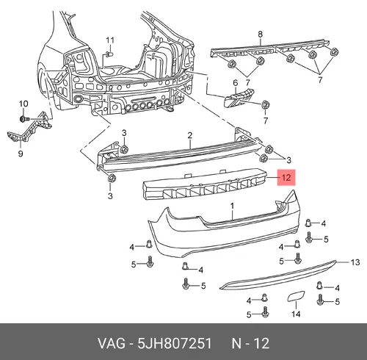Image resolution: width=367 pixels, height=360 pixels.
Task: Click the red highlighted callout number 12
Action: point(286,177)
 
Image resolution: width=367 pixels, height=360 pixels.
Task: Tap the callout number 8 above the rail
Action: point(260,35)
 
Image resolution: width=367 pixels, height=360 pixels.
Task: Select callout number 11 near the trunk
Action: point(110,40)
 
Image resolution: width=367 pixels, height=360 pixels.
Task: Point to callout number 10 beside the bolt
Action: point(23,104)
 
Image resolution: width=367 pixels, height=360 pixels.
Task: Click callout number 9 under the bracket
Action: point(21,154)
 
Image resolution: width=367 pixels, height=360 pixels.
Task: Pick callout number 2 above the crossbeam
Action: point(190,135)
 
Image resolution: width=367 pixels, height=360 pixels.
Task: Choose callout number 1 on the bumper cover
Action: point(232,206)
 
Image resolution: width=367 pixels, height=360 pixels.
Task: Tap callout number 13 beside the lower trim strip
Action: point(355,262)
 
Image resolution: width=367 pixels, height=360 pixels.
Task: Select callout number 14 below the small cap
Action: point(296,314)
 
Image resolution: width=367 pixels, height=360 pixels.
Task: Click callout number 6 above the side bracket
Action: point(235,83)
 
